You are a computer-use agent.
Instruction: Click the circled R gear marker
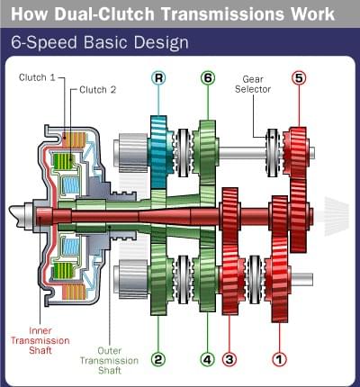point(158,78)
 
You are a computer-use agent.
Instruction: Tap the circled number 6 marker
point(208,78)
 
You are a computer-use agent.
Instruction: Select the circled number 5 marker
point(299,78)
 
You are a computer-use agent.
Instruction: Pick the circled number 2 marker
point(158,359)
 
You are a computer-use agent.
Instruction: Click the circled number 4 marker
point(208,359)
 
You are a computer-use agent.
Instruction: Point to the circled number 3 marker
point(229,359)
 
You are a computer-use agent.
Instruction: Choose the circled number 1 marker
point(279,359)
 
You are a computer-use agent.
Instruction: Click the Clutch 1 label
point(37,77)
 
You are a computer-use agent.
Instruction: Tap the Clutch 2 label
point(98,90)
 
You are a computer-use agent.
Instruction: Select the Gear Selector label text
point(253,84)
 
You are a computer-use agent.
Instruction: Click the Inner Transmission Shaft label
point(40,340)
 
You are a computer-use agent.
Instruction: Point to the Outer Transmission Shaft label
point(110,360)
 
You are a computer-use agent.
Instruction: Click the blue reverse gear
point(158,151)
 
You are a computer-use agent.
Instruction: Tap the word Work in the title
point(313,13)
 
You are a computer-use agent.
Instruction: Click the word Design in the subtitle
point(161,42)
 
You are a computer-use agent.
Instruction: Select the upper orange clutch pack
point(74,139)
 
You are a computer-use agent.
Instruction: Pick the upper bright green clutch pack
point(63,161)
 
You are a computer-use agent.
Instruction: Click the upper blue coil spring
point(71,184)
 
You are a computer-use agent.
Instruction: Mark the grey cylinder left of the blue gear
point(132,152)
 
